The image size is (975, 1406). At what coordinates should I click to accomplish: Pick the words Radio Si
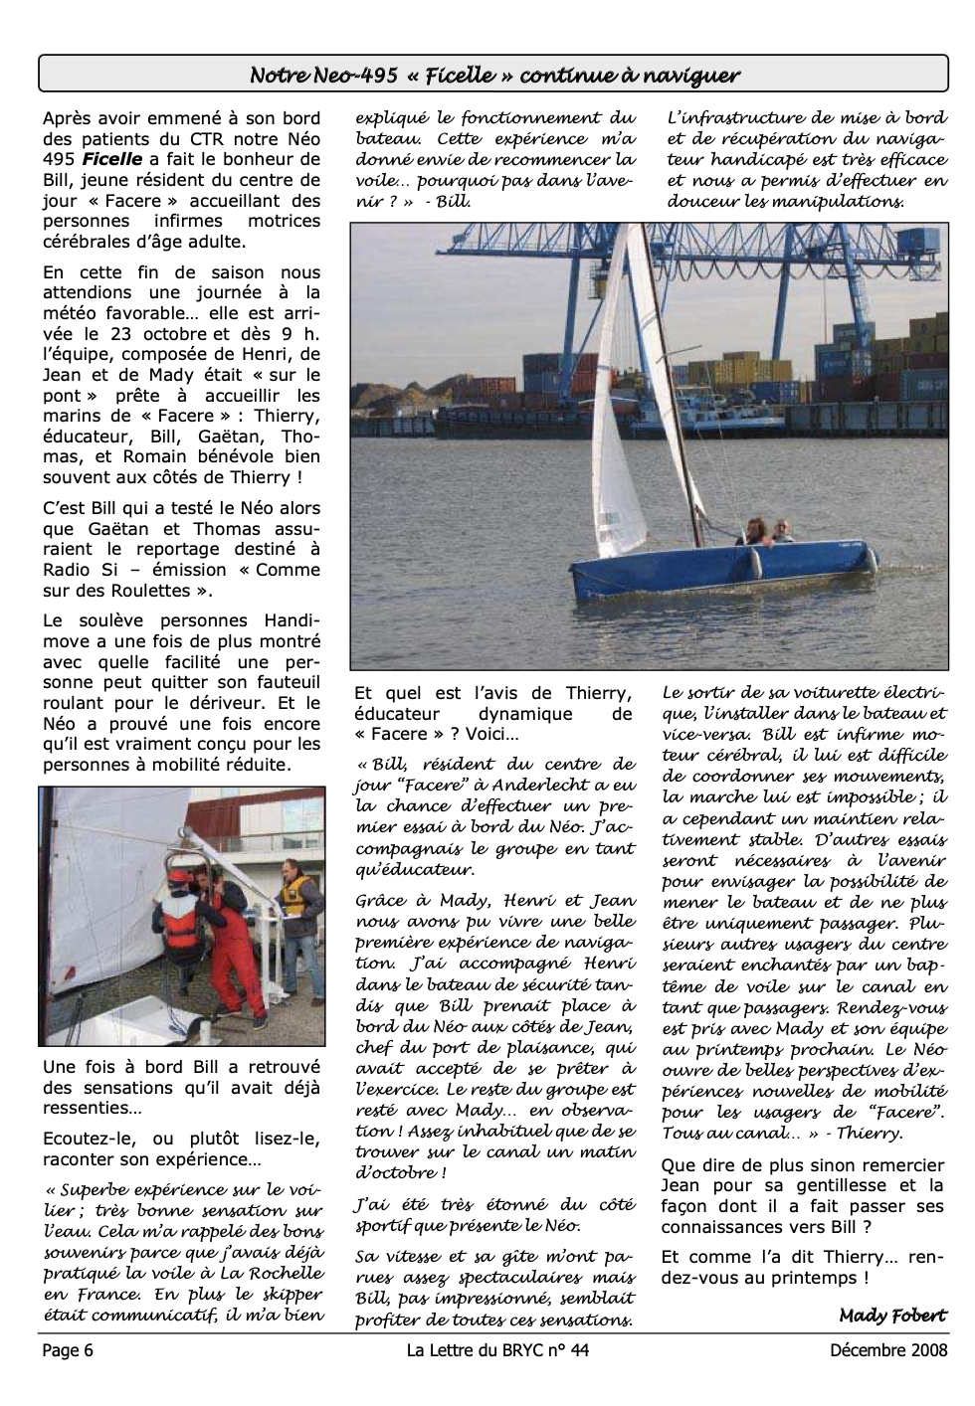(81, 570)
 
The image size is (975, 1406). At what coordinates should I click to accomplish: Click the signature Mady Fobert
(892, 1316)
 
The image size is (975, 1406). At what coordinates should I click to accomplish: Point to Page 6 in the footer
(68, 1350)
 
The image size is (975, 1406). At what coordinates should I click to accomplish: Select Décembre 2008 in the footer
(888, 1350)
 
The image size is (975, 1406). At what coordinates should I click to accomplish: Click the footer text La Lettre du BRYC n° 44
(490, 1350)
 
